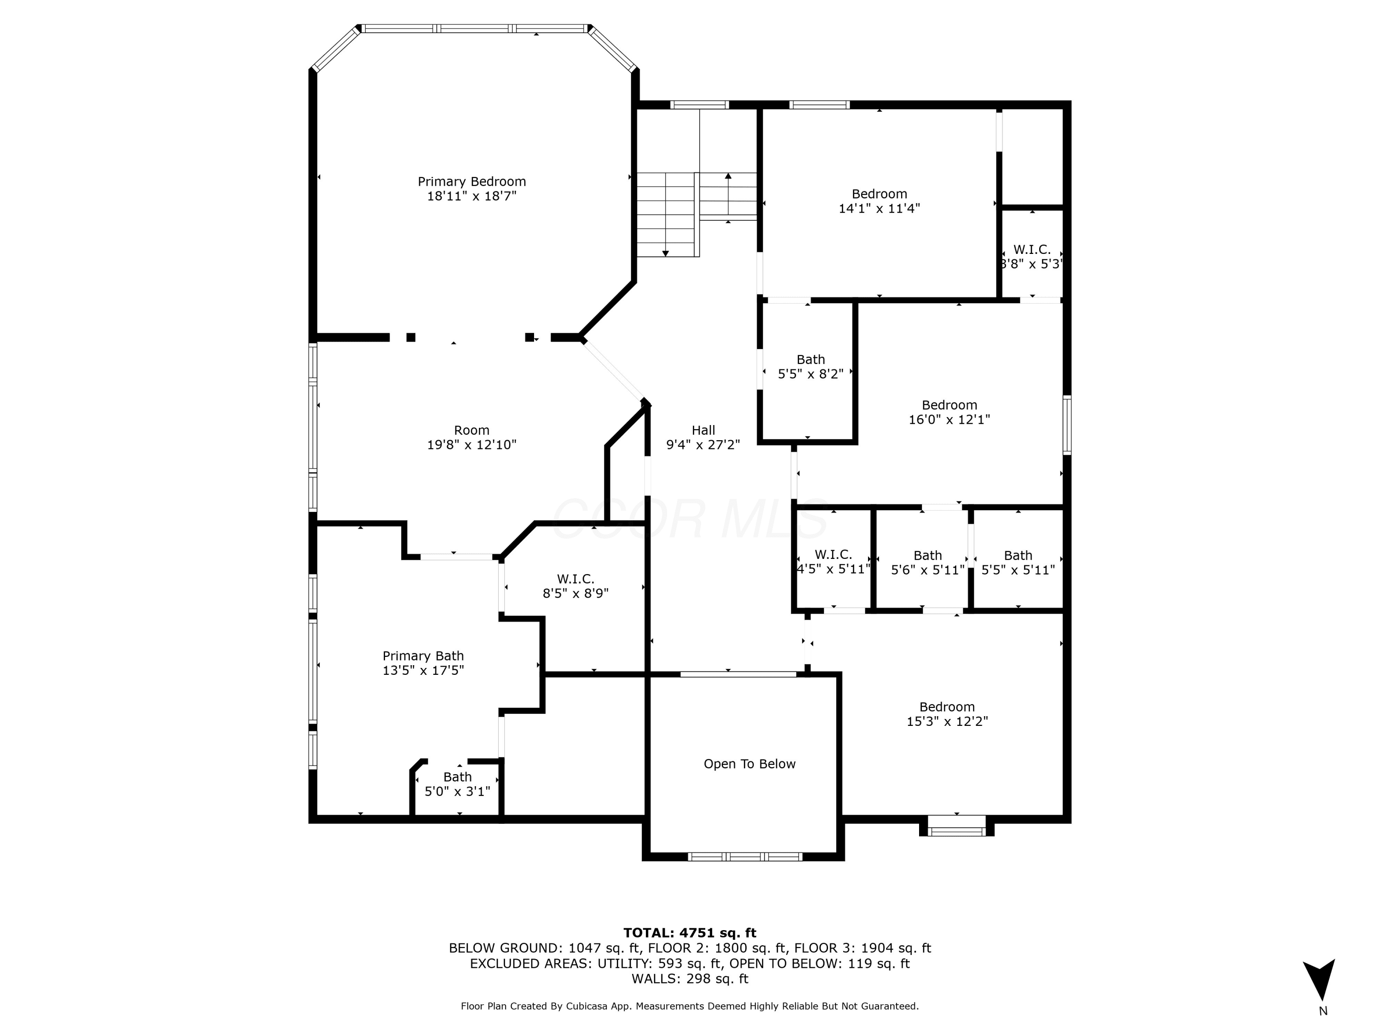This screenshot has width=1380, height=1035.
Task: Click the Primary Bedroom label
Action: [471, 182]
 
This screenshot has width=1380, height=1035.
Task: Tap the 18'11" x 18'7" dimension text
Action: [471, 196]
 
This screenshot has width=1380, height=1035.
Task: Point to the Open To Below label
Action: [749, 764]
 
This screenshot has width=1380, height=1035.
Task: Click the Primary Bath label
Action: [423, 655]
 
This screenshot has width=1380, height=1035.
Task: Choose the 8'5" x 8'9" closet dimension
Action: [575, 593]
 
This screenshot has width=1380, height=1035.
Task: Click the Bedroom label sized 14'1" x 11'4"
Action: [879, 194]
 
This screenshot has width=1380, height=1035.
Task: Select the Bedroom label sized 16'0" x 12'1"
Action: [949, 405]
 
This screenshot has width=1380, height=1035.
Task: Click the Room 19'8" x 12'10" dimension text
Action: [471, 445]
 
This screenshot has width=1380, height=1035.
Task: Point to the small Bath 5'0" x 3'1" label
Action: [457, 777]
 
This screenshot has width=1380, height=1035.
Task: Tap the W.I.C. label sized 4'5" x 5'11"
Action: [833, 555]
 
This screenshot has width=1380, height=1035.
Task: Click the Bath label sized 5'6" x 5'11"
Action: [928, 555]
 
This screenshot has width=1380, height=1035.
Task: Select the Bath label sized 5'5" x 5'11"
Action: [1018, 555]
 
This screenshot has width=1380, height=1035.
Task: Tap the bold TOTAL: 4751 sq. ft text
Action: [690, 933]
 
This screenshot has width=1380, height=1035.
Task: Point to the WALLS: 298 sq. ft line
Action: [690, 979]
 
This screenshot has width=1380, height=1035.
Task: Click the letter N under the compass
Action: [1322, 1011]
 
